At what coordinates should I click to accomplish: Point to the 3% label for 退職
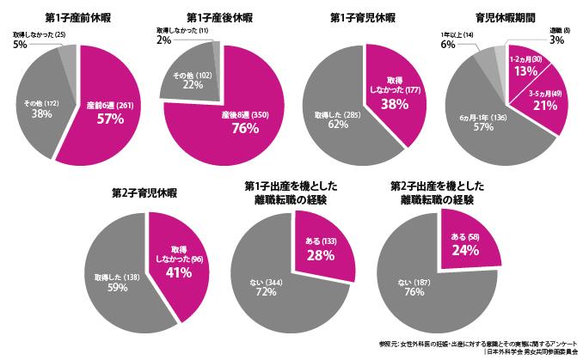(556, 40)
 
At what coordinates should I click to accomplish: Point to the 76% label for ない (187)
(411, 292)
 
